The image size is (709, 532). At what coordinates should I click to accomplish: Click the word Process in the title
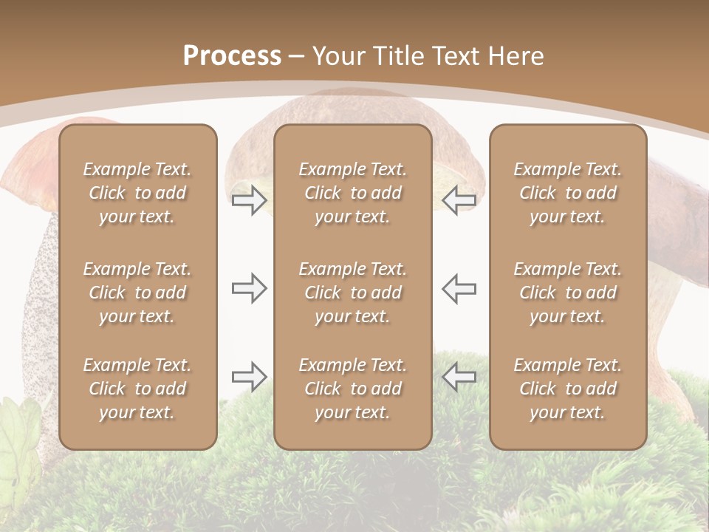pyautogui.click(x=232, y=56)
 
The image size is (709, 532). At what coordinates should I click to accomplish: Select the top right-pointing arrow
pyautogui.click(x=249, y=200)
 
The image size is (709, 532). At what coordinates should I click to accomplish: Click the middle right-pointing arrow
pyautogui.click(x=249, y=288)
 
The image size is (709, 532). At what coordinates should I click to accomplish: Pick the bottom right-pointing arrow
pyautogui.click(x=249, y=377)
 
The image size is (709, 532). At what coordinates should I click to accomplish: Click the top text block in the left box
pyautogui.click(x=137, y=193)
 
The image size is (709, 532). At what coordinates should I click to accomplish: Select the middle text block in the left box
pyautogui.click(x=137, y=293)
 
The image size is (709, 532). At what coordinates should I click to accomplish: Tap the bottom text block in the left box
pyautogui.click(x=137, y=389)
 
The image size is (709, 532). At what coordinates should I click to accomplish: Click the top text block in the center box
pyautogui.click(x=353, y=193)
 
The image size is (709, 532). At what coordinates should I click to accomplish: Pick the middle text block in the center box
pyautogui.click(x=353, y=293)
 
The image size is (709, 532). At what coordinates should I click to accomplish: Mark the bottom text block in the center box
pyautogui.click(x=353, y=389)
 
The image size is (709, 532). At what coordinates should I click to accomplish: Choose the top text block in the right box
pyautogui.click(x=568, y=193)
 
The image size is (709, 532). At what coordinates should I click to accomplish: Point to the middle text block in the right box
pyautogui.click(x=568, y=293)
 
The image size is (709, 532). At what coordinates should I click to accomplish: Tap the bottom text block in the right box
pyautogui.click(x=568, y=389)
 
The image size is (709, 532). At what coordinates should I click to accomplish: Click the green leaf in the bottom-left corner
pyautogui.click(x=18, y=436)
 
